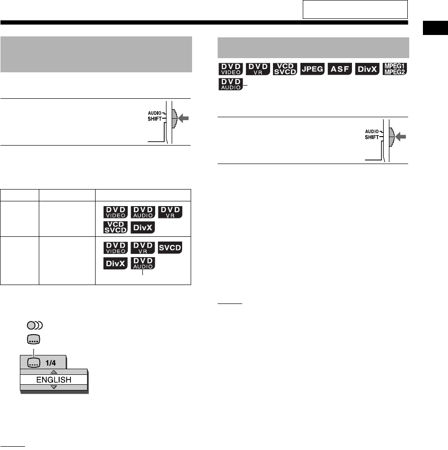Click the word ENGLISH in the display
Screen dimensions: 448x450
[x=53, y=379]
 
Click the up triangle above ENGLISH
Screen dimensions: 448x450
[x=53, y=372]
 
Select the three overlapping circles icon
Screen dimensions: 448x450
[x=35, y=325]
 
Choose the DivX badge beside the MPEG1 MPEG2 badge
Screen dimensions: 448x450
[x=368, y=69]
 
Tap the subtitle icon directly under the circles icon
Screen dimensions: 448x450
[x=34, y=339]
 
